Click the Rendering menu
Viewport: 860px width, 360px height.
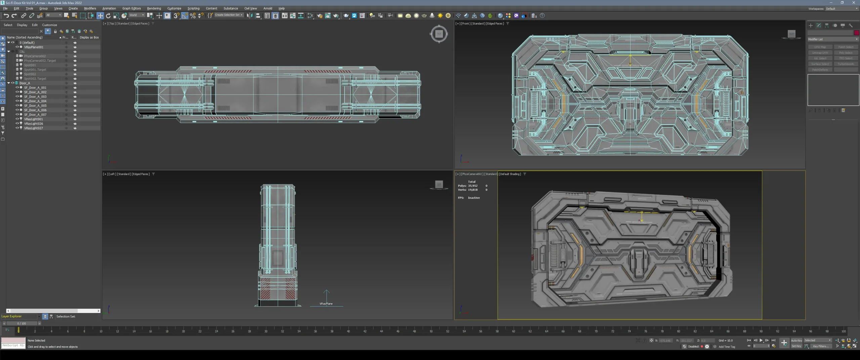pos(154,8)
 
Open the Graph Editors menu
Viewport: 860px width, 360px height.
pos(131,8)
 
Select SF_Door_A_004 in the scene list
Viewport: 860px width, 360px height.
pos(35,101)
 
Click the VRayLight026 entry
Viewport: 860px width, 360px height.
pos(34,124)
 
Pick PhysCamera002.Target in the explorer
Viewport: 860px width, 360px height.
pos(40,61)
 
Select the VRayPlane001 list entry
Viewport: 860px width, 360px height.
pos(34,47)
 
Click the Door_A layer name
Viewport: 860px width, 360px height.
pos(25,83)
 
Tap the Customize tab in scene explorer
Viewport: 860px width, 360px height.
pos(49,25)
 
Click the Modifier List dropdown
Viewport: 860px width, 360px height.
pos(832,39)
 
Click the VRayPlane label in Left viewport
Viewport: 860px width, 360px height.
pos(326,304)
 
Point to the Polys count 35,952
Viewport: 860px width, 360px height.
pos(473,186)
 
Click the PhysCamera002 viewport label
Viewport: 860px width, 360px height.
pos(472,174)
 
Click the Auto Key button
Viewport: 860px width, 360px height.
pos(796,340)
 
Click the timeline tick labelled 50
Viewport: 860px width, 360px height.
pos(431,331)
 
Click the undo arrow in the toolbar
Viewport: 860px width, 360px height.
pos(6,15)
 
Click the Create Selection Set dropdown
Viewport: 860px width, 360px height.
pos(228,15)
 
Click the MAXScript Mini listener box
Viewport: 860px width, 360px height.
pos(13,345)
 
